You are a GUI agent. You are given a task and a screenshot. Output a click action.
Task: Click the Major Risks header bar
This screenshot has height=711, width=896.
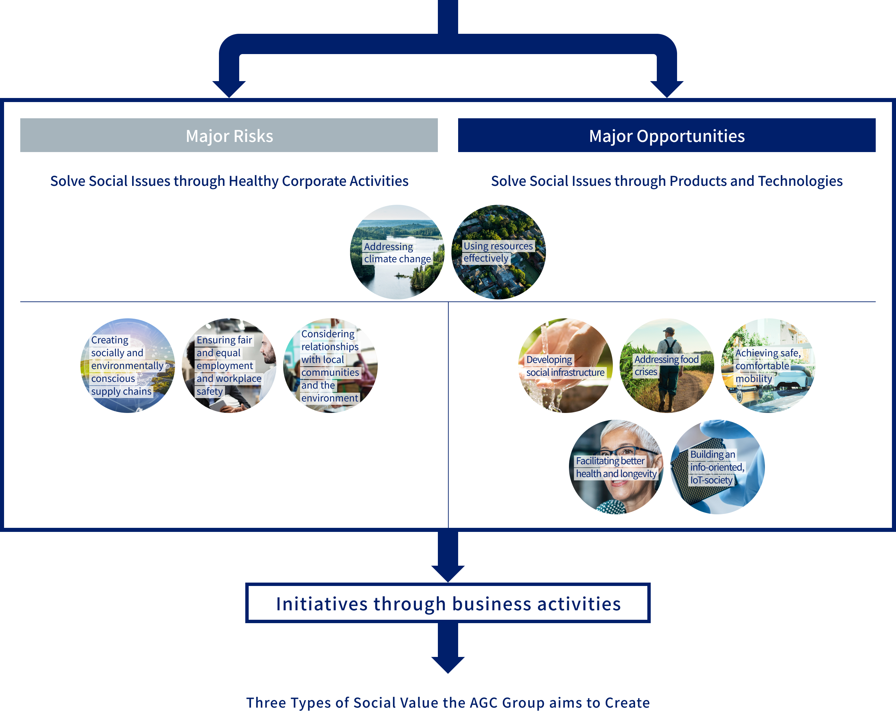229,136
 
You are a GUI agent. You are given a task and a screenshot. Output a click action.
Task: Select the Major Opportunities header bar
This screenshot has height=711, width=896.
667,136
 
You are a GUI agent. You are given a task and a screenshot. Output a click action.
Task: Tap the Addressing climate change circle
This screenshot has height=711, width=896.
397,252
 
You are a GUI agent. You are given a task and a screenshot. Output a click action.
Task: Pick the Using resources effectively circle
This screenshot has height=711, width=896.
498,252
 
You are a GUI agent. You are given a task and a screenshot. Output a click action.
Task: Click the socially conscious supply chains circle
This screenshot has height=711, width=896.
128,366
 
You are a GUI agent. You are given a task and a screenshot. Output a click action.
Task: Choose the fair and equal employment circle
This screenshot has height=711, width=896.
229,366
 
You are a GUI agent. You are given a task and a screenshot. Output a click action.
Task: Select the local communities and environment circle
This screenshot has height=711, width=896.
330,366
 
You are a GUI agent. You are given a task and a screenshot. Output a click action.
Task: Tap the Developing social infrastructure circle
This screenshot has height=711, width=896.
565,366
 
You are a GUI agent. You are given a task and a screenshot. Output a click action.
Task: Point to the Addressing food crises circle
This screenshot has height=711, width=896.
667,366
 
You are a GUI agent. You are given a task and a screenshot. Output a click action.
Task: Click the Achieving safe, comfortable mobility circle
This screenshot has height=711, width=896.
768,366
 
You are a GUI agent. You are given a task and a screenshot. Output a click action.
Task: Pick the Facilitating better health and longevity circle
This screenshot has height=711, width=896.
616,467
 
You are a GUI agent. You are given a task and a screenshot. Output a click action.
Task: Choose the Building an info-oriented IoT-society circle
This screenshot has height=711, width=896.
717,467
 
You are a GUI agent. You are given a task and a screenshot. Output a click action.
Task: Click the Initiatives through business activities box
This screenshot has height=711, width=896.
448,603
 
